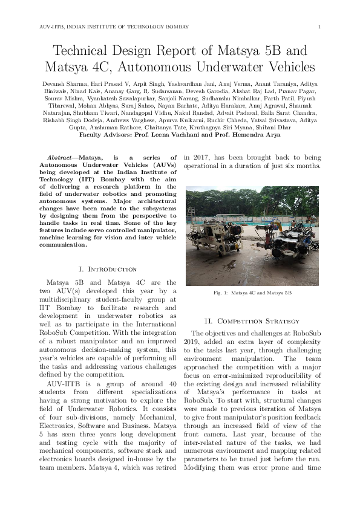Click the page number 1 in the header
(319, 27)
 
